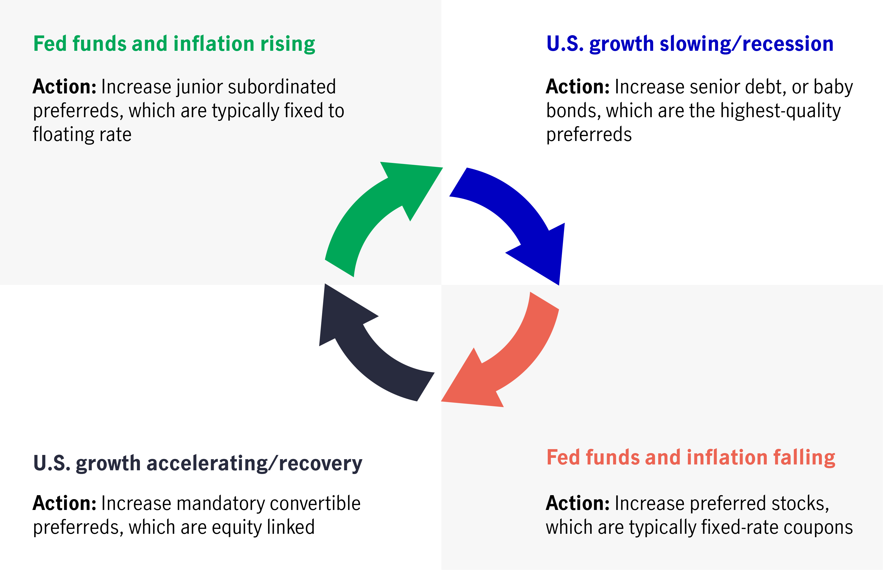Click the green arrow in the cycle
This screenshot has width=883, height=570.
371,207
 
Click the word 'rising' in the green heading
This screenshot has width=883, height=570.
288,44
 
